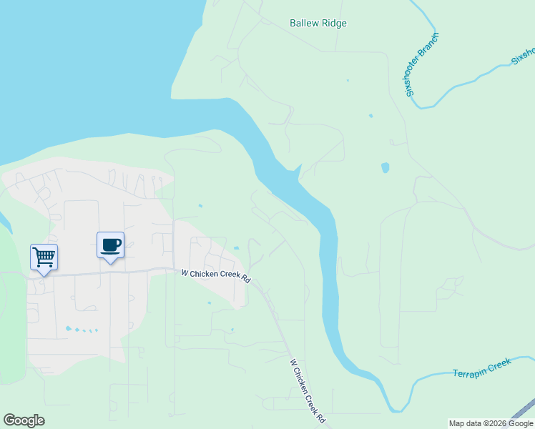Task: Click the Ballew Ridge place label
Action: [318, 24]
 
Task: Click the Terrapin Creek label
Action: [482, 369]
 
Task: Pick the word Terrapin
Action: [471, 371]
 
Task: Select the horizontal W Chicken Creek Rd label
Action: [215, 276]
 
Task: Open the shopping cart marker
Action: [44, 257]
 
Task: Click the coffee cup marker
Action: [110, 245]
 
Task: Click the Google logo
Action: [24, 420]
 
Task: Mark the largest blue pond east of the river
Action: [386, 168]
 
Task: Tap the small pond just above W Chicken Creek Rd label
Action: [236, 248]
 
